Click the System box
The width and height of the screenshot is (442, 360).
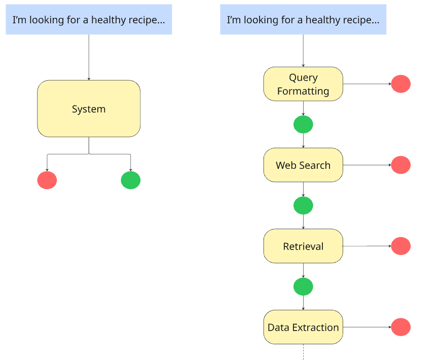pos(89,109)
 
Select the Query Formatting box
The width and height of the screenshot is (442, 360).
pos(303,84)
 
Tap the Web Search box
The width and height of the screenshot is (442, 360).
pos(303,165)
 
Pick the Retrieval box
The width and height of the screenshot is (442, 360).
pos(303,246)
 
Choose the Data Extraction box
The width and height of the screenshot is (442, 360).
pos(303,327)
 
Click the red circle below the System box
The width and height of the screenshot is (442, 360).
pos(47,180)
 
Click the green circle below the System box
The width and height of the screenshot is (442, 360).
pos(130,180)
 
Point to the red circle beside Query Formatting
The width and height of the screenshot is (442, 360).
pos(401,84)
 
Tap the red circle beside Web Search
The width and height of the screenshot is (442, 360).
pos(401,165)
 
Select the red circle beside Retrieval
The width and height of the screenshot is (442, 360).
pos(401,246)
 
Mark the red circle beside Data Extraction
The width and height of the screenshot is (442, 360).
pos(401,327)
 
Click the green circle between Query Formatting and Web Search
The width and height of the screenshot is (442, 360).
pos(303,124)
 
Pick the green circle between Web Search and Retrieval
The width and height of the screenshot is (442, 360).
pos(303,205)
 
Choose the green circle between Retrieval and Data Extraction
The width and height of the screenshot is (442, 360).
pos(303,286)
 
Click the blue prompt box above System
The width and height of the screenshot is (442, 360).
pos(89,19)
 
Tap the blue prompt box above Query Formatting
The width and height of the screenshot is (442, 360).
pos(303,19)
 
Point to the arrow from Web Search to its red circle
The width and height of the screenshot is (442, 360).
pos(367,165)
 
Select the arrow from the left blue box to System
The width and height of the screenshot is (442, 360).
pos(89,57)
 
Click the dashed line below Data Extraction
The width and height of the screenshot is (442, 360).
pos(303,352)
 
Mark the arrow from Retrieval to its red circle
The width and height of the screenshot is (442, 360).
pos(367,246)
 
